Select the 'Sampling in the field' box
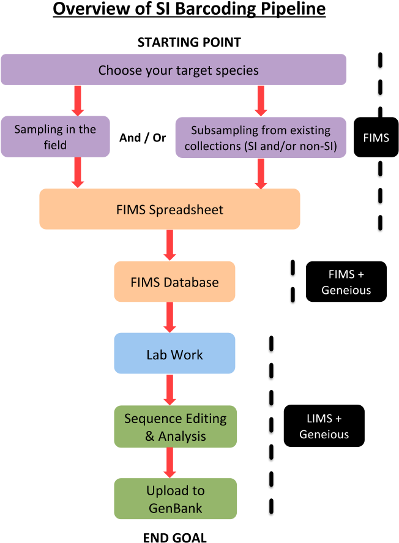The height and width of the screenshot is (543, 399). (55, 137)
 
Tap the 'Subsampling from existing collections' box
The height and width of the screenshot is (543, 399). (261, 138)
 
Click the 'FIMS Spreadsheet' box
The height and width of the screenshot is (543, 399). (170, 209)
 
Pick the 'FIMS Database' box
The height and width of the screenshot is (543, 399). (174, 282)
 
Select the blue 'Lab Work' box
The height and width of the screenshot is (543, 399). (174, 354)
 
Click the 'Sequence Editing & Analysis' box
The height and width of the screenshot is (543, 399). (175, 427)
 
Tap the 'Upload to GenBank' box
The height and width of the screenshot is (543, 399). (175, 499)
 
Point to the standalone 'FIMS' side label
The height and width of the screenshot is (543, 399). (376, 138)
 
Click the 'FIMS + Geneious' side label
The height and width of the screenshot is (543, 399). (346, 282)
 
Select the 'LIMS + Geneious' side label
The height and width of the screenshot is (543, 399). (324, 427)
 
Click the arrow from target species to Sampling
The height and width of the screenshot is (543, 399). (78, 100)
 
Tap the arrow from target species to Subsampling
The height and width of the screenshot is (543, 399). (261, 100)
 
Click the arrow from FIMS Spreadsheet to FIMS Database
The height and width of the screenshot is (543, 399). (170, 245)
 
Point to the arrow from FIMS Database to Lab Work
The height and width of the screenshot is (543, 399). (170, 317)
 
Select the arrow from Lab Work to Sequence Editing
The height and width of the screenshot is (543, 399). (170, 389)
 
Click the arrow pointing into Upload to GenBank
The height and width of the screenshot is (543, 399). (170, 462)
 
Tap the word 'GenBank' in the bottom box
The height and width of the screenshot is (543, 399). (175, 507)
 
